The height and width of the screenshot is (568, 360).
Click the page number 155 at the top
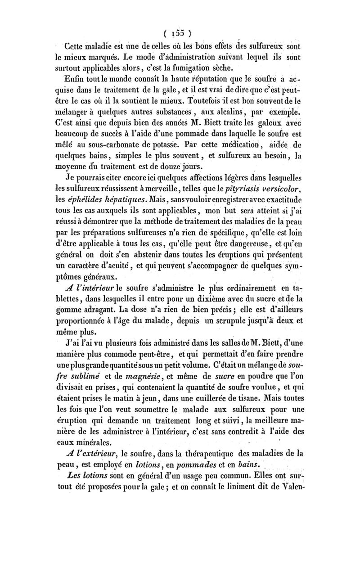[178, 32]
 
